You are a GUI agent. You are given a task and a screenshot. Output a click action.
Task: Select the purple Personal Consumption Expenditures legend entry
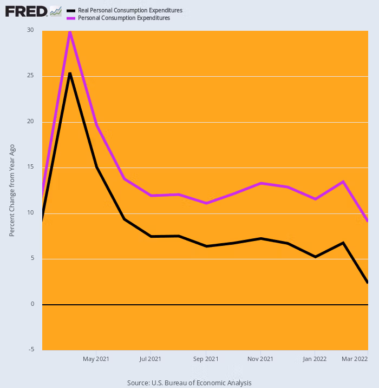[124, 18]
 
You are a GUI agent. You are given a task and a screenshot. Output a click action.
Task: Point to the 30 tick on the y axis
[30, 30]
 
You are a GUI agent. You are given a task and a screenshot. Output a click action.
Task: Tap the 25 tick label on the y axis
[30, 76]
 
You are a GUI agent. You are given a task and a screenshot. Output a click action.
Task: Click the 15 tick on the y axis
[30, 167]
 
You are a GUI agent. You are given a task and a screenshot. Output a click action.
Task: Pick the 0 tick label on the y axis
[32, 304]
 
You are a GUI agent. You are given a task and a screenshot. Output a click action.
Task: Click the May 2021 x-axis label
[95, 358]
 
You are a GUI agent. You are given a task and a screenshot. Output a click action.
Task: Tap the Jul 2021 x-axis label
[150, 358]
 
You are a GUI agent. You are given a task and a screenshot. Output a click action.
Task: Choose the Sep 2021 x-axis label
[205, 358]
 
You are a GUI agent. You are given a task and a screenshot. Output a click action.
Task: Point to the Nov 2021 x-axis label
[260, 358]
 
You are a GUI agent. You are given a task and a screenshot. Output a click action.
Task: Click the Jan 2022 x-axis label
[315, 358]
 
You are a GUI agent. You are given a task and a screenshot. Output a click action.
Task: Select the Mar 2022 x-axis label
[355, 358]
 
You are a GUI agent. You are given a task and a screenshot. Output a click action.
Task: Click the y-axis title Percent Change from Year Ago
[12, 190]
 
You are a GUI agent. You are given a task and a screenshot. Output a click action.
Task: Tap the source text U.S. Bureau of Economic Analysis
[189, 383]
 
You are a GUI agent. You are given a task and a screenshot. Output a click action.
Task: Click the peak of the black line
[70, 73]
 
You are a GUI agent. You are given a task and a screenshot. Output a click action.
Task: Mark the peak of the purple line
[70, 31]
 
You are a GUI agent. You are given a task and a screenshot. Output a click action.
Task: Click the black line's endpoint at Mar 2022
[368, 282]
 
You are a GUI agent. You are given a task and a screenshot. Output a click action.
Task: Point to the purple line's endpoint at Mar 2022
[368, 221]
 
